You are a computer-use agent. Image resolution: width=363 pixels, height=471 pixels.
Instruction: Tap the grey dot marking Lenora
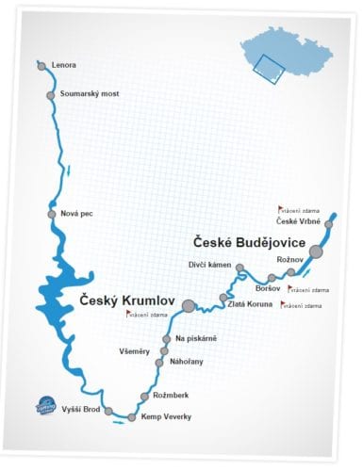coord(41,65)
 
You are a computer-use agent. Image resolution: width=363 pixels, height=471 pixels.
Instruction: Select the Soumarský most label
coord(88,95)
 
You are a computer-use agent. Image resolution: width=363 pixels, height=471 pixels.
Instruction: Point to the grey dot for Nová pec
coord(52,214)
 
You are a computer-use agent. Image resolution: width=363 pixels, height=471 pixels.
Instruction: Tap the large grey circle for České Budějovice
coord(317,252)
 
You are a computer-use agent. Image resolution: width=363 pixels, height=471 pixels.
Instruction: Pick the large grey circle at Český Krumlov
coord(189,305)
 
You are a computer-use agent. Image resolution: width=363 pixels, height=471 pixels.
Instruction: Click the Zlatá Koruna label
coord(249,303)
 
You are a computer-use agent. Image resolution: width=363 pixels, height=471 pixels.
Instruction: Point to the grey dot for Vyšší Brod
coord(108,411)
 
